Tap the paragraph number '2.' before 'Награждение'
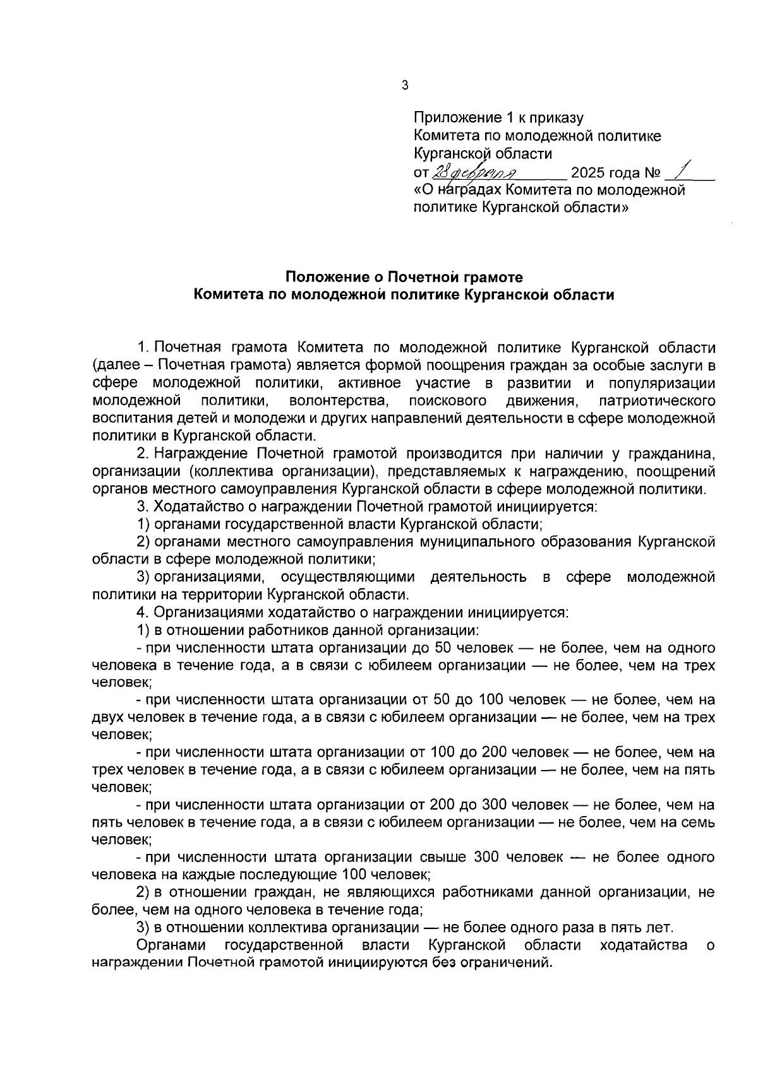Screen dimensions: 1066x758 [x=143, y=454]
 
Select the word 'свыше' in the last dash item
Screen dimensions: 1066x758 [x=443, y=858]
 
